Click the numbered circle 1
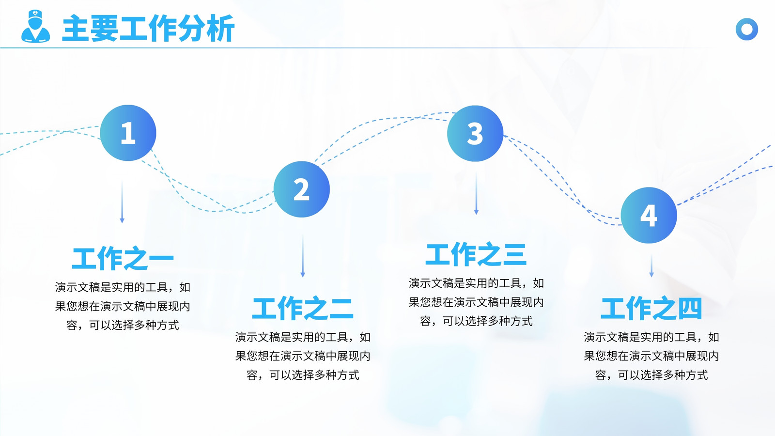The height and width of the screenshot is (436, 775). tap(128, 133)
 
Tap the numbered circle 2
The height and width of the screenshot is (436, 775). tap(302, 189)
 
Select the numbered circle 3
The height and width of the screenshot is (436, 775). tap(475, 134)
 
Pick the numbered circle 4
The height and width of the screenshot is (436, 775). tap(649, 215)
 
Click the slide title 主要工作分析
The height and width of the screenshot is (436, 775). tap(148, 28)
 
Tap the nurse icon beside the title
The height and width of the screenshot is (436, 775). tap(36, 26)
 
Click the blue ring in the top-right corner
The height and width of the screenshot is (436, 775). tap(746, 29)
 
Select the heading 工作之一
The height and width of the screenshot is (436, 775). tap(123, 259)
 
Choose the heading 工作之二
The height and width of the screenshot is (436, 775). tap(303, 308)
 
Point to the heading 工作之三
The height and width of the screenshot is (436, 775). tap(476, 254)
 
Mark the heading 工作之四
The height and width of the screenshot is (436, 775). tap(651, 308)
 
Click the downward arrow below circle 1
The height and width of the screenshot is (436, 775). tap(122, 202)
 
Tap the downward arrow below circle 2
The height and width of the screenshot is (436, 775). tap(303, 256)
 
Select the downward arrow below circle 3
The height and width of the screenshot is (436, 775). tap(477, 194)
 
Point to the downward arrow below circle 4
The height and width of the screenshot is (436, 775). tap(651, 266)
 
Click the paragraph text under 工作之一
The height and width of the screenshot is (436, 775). tap(123, 306)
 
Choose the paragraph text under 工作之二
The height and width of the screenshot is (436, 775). tap(303, 356)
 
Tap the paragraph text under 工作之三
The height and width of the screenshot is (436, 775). tap(476, 302)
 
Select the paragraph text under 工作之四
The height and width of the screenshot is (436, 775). tap(651, 356)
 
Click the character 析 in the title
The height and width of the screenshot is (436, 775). tap(220, 29)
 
